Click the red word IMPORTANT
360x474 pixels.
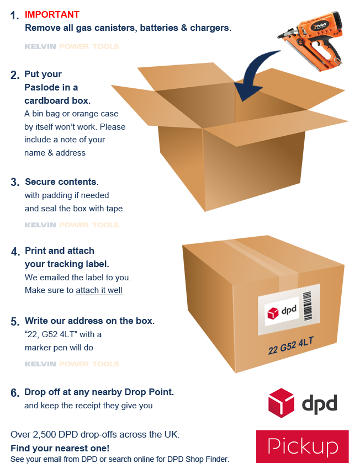click(52, 14)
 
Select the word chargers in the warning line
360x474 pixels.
click(210, 28)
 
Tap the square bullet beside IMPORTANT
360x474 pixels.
click(15, 15)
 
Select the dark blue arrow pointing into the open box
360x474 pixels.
click(255, 72)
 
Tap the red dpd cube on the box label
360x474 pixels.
click(274, 313)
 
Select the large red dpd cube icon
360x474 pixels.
click(281, 403)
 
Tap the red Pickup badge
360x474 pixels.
click(302, 446)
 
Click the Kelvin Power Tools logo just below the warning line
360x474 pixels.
click(72, 46)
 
